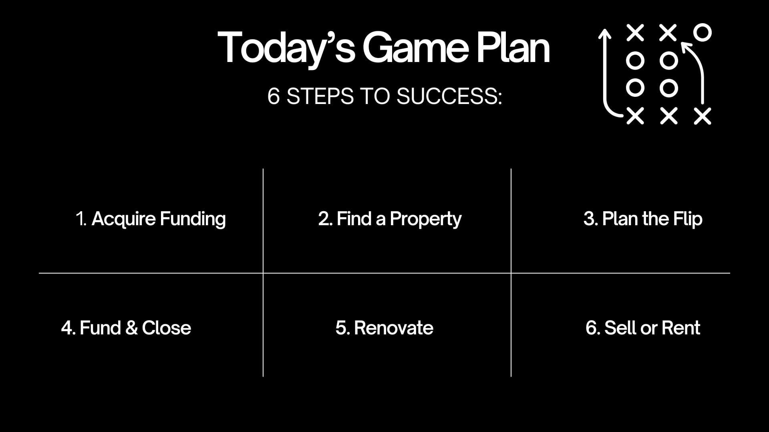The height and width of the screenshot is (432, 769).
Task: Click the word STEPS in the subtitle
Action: point(320,96)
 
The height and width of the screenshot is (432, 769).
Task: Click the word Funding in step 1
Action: point(193,219)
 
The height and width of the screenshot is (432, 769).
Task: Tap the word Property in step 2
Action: point(425,219)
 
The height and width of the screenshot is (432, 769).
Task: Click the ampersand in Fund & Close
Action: point(131,328)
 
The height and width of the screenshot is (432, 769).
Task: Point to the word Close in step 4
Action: point(167,328)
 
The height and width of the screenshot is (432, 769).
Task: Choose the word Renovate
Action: point(394,328)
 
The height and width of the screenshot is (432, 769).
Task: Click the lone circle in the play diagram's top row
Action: point(703,32)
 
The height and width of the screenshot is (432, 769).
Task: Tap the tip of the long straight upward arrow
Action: point(605,29)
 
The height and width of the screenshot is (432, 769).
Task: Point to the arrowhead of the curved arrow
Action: point(686,47)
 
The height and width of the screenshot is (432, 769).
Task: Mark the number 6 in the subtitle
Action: point(274,96)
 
